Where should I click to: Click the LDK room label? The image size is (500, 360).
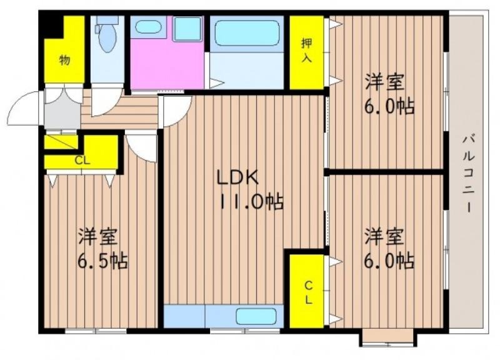point(237,178)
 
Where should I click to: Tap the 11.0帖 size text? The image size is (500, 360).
point(252,201)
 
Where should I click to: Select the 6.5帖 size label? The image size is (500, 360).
point(102,261)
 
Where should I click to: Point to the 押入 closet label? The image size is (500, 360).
point(306,50)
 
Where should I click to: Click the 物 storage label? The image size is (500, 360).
point(64,59)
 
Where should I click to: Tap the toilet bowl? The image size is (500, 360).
point(107,37)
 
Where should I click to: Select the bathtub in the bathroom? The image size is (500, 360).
point(247,33)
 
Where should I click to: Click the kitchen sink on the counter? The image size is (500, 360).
point(256,316)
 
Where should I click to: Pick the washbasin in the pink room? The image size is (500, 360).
point(147,27)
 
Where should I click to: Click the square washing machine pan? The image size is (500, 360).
point(187,29)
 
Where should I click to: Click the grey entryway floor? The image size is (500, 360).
point(62,111)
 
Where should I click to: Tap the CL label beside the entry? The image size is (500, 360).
point(82,161)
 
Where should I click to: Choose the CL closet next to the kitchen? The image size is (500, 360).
point(306,291)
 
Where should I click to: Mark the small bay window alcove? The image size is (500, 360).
point(387,337)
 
